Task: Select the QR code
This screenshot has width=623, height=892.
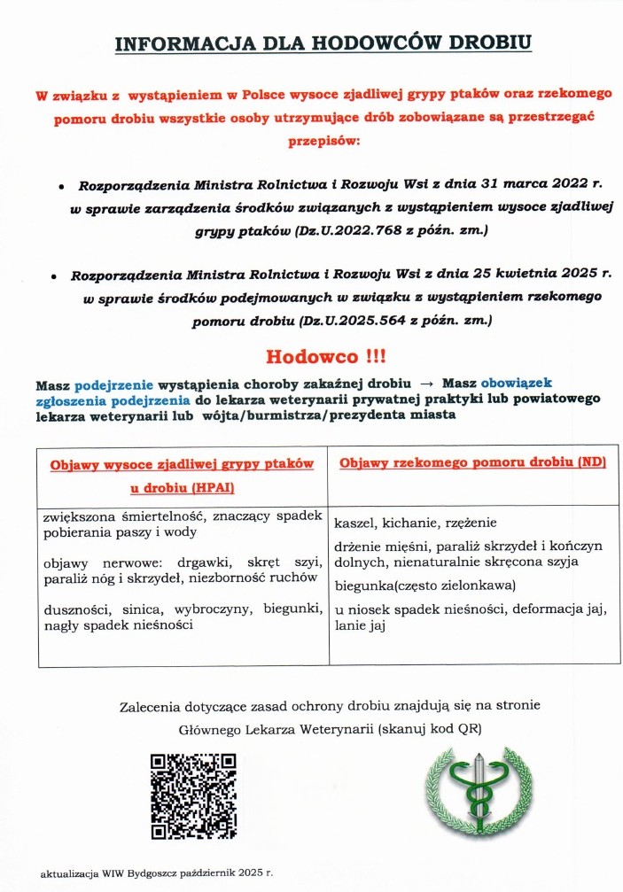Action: (193, 795)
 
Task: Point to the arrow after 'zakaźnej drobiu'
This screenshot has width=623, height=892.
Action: (426, 384)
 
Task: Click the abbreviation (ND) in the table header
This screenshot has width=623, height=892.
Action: (589, 463)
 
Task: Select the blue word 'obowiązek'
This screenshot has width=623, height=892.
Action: (516, 384)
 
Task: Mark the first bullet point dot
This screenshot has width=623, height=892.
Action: (61, 189)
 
